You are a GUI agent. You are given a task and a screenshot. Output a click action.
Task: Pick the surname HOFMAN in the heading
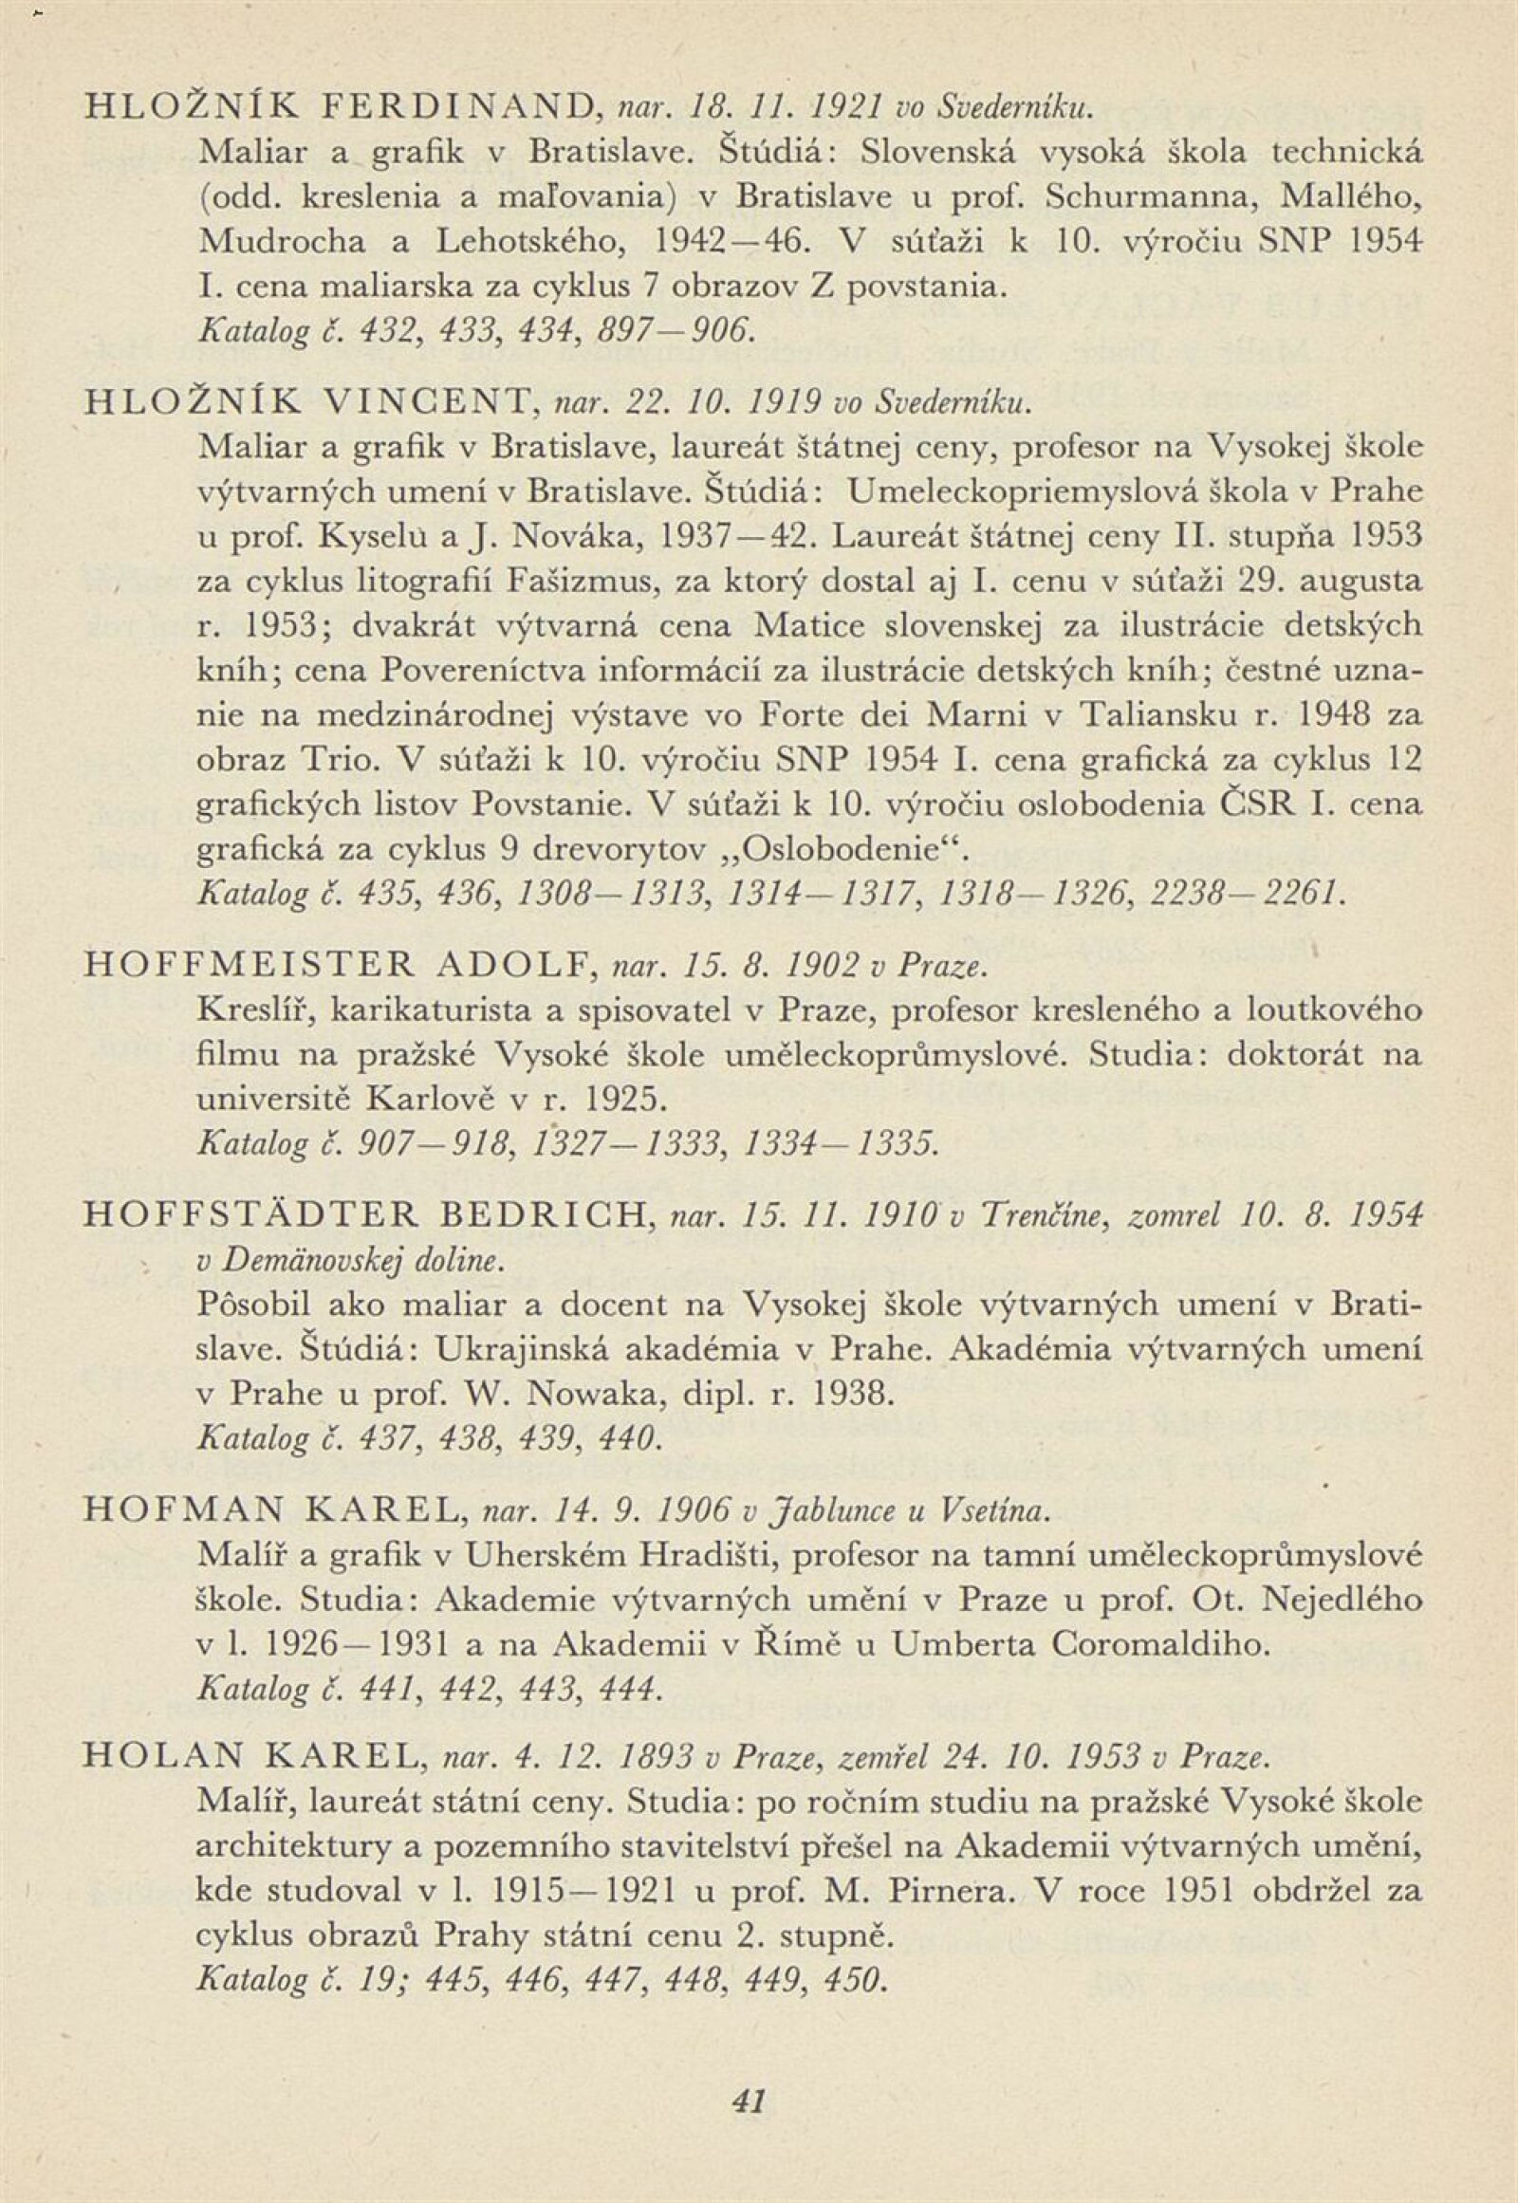(x=162, y=1509)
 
